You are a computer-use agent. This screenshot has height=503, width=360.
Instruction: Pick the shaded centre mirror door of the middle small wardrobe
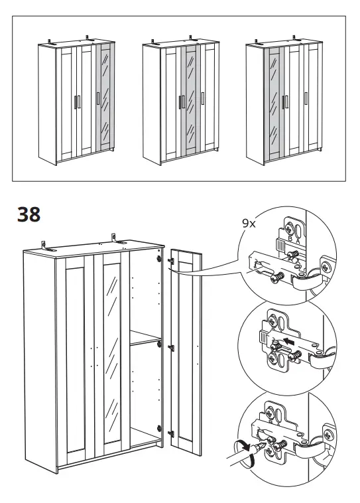click(190, 103)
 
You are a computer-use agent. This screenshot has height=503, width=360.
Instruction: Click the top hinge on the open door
click(170, 261)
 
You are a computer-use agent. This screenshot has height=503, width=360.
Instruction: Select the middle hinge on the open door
click(171, 347)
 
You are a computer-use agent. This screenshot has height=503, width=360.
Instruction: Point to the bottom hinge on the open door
click(170, 433)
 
